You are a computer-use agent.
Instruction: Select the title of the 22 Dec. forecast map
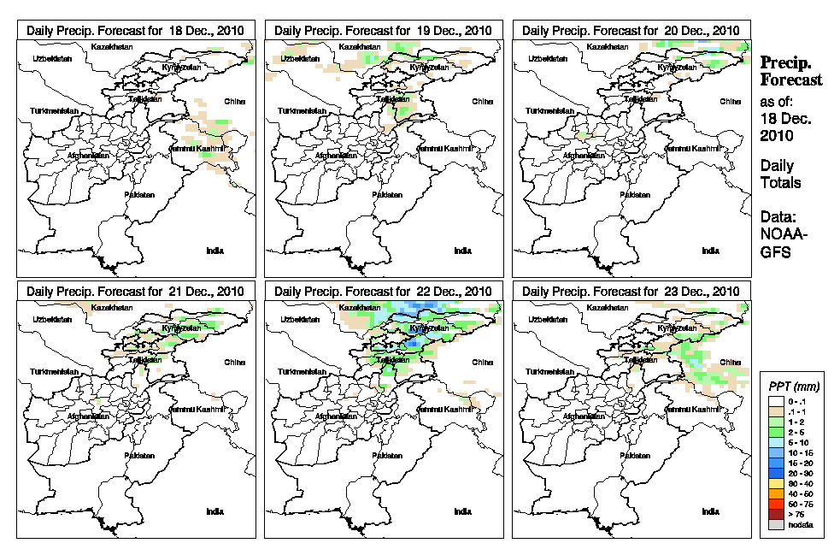pos(383,291)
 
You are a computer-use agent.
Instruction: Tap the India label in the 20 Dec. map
pos(710,251)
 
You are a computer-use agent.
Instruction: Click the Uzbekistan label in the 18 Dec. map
pos(49,58)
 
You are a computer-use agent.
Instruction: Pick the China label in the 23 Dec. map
pos(730,362)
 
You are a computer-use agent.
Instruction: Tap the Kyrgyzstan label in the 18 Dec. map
pos(179,67)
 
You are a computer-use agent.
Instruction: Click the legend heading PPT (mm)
pos(790,387)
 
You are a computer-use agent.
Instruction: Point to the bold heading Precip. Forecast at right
pos(790,71)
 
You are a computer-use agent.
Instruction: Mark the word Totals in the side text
pos(780,183)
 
